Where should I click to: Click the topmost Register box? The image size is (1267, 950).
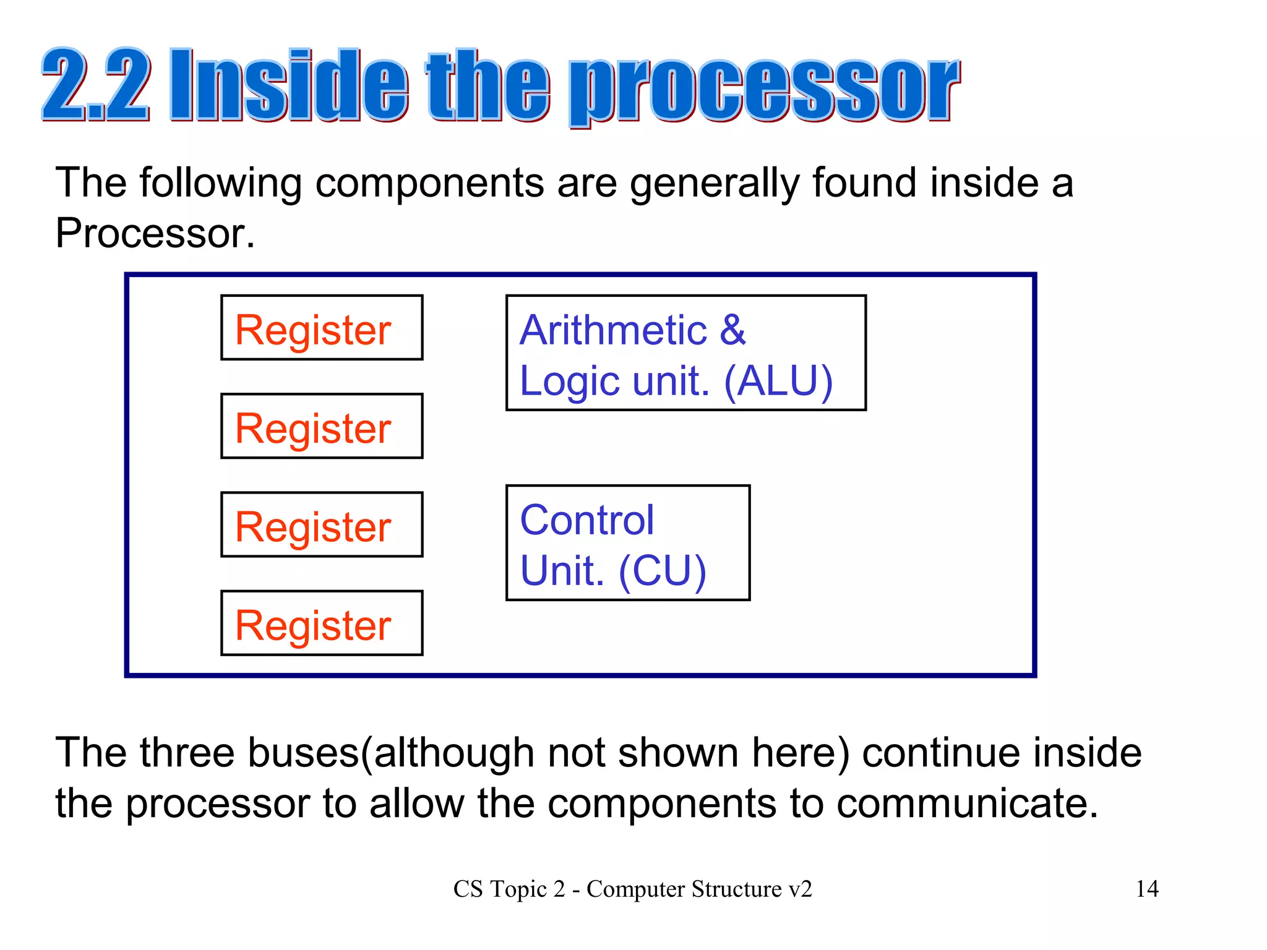coord(322,328)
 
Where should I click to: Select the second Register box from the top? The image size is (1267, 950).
coord(322,426)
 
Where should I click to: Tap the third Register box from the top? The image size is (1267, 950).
coord(322,524)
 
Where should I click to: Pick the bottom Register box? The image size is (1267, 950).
coord(322,623)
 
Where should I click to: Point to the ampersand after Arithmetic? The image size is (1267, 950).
coord(732,330)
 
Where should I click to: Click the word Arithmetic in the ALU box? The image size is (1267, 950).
coord(613,330)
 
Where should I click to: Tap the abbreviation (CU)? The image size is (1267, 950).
coord(662,570)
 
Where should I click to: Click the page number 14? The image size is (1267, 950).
coord(1147,889)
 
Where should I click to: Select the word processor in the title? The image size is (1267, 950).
coord(764,90)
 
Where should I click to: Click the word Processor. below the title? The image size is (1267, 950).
coord(155,233)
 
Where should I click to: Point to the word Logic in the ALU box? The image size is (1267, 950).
coord(570,382)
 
